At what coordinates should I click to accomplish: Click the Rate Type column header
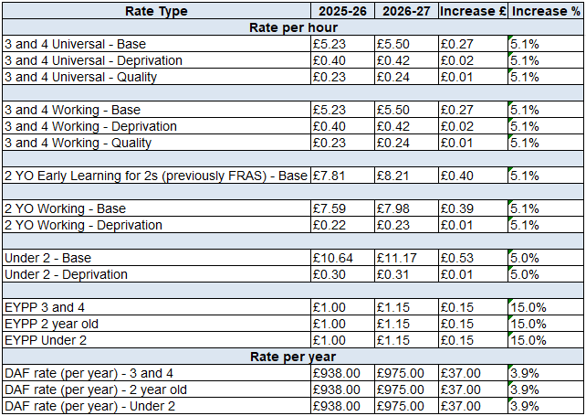point(156,11)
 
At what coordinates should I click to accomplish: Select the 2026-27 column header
point(404,11)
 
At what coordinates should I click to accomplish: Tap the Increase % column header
point(546,11)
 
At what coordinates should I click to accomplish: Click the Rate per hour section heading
point(293,27)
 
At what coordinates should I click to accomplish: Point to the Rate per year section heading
point(293,357)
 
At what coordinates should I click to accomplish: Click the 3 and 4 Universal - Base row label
point(75,44)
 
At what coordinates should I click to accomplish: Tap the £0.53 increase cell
point(458,258)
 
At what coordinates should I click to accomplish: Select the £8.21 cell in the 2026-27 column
point(395,176)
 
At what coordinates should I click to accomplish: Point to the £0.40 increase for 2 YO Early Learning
point(458,176)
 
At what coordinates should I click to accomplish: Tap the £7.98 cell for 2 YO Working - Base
point(395,208)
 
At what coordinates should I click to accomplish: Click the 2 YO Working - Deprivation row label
point(83,225)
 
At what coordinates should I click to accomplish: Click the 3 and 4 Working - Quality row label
point(78,143)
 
